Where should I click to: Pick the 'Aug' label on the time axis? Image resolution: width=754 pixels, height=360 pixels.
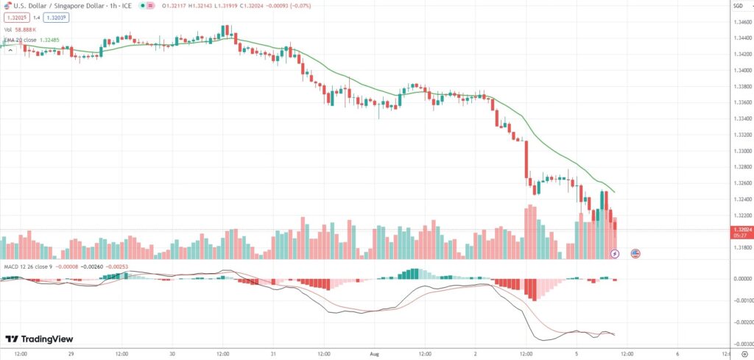pyautogui.click(x=374, y=353)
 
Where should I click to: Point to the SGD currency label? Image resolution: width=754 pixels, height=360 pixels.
pyautogui.click(x=738, y=7)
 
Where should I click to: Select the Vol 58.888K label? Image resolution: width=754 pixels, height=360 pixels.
pyautogui.click(x=20, y=29)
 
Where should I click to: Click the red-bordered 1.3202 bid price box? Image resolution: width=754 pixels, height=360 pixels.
pyautogui.click(x=16, y=18)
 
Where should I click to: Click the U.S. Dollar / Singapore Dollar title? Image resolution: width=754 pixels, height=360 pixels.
pyautogui.click(x=63, y=7)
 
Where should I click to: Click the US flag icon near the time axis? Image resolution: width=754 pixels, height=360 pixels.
pyautogui.click(x=635, y=253)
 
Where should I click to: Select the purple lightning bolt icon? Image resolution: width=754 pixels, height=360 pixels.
pyautogui.click(x=616, y=253)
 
